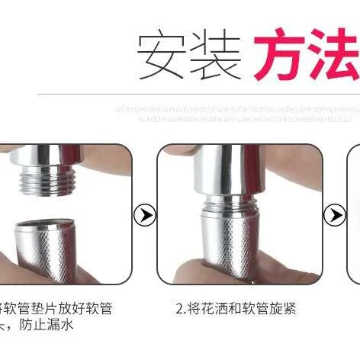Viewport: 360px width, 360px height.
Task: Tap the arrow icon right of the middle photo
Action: (333, 214)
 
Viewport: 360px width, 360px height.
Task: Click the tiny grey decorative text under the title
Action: (236, 115)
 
